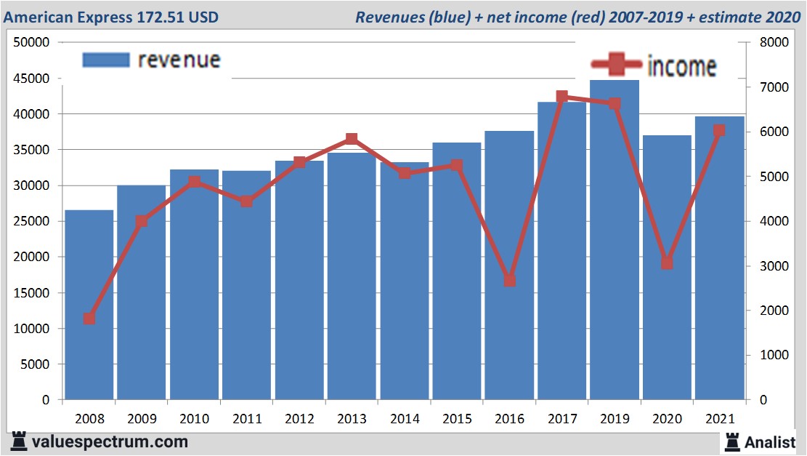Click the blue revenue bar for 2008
point(89,305)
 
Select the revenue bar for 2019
point(615,240)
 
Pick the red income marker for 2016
point(509,280)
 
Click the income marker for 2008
point(89,319)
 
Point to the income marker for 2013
point(352,139)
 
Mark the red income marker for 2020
point(667,263)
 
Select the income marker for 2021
point(719,131)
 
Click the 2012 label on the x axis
point(299,419)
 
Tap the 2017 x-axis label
point(561,419)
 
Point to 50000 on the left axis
point(31,42)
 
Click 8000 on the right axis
point(772,42)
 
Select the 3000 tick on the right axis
point(772,266)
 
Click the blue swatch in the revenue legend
point(105,60)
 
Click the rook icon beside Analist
point(731,441)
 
